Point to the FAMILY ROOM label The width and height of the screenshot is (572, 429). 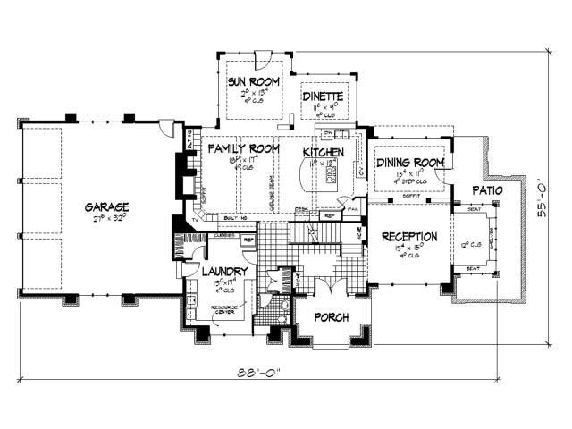tap(241, 149)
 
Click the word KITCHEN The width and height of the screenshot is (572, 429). tap(323, 153)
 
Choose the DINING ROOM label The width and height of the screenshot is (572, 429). tap(409, 162)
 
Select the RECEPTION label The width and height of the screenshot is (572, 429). tap(409, 237)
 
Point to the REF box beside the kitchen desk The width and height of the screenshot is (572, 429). tap(329, 215)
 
